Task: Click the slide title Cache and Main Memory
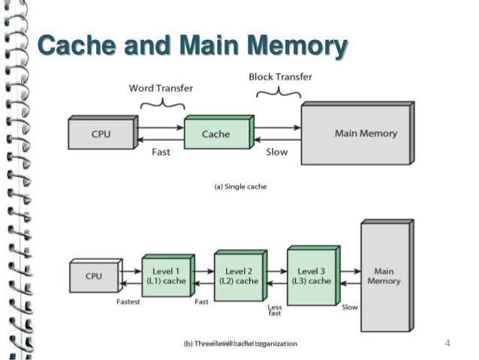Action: [x=192, y=46]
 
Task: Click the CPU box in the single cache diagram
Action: [x=101, y=134]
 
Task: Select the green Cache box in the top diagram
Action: [x=216, y=134]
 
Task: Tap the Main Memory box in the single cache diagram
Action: [x=356, y=134]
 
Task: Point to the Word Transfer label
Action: [x=159, y=88]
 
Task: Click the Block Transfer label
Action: [x=280, y=77]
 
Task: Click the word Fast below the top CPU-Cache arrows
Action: [x=161, y=151]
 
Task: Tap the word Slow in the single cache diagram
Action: [x=277, y=151]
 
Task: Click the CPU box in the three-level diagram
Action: [x=94, y=277]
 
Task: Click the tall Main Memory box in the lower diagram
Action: [x=384, y=277]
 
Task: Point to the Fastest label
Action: [x=129, y=302]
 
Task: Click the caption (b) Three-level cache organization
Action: [x=240, y=343]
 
